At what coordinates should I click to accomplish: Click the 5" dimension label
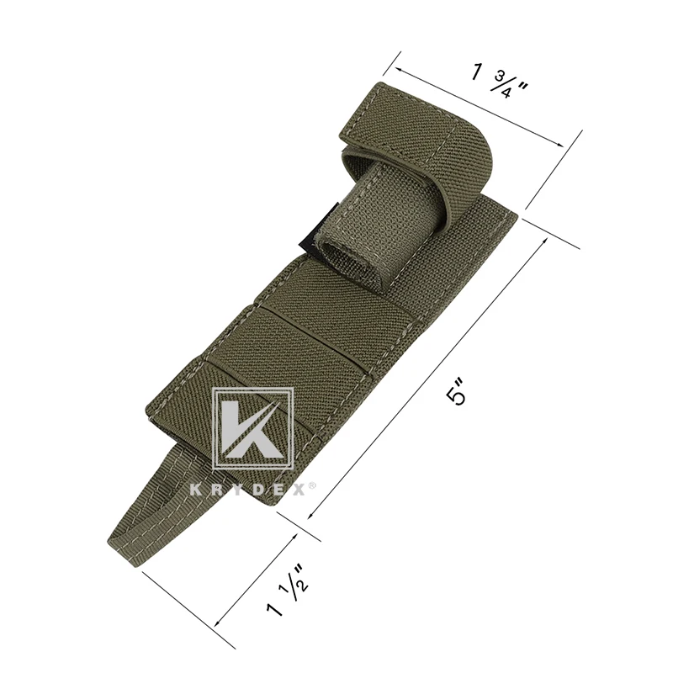pos(455,391)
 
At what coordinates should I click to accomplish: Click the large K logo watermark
pos(254,429)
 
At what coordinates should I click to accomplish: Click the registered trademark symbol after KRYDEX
pos(312,485)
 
